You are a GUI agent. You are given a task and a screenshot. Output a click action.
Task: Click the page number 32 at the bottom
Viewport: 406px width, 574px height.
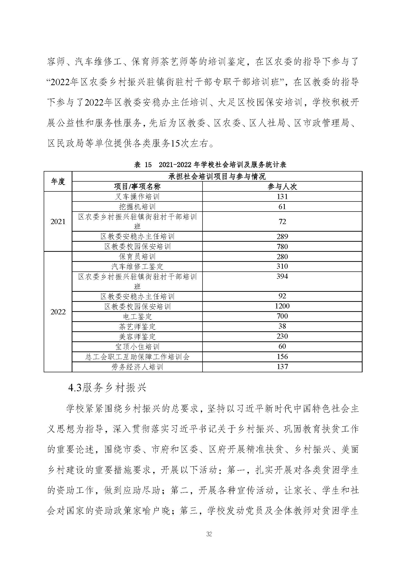[209, 534]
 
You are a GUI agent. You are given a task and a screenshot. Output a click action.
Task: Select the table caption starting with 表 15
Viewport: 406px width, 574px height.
[210, 164]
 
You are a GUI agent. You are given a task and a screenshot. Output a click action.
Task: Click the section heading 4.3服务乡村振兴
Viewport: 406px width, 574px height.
[107, 387]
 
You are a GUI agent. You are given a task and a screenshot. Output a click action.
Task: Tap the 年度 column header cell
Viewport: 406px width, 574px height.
[58, 182]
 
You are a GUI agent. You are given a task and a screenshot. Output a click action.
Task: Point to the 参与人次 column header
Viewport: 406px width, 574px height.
[282, 187]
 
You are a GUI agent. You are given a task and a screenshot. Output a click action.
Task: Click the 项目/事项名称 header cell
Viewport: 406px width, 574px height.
[137, 187]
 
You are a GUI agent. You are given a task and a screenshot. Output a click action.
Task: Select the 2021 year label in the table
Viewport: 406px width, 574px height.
[58, 222]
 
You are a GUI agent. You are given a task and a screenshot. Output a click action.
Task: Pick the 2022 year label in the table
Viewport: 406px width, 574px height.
[58, 312]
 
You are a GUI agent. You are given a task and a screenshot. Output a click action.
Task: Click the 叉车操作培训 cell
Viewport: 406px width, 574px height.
[137, 197]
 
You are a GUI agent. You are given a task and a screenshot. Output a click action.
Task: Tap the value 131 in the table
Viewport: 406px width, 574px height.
[282, 197]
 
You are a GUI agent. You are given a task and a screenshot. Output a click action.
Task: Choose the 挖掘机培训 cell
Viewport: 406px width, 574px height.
[137, 207]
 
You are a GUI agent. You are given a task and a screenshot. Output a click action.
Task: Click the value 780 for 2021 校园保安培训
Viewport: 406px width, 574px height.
[282, 246]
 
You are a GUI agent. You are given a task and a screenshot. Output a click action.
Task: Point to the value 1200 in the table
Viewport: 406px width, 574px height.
[282, 306]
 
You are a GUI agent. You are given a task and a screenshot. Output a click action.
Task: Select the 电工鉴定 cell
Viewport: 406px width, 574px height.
[137, 317]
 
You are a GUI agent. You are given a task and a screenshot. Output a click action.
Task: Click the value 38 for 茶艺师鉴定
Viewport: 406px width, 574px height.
[282, 326]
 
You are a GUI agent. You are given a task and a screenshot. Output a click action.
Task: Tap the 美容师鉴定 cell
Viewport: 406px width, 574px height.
[137, 336]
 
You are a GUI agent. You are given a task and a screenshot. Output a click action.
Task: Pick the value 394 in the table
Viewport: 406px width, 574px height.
[282, 277]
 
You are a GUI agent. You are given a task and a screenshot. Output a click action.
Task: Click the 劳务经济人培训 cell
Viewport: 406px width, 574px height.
[137, 367]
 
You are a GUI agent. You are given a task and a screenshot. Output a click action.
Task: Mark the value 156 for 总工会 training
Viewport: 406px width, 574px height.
[282, 357]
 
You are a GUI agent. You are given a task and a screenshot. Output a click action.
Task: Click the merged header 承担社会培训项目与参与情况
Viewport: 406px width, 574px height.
[217, 176]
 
